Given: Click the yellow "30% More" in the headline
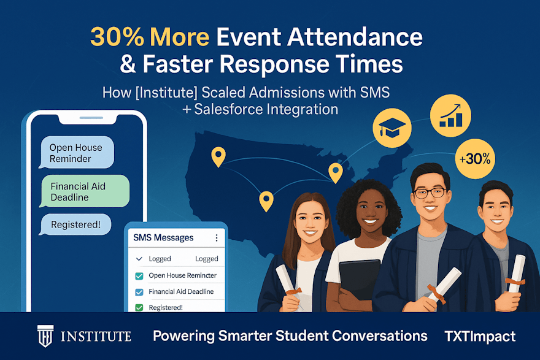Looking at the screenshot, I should [x=150, y=38].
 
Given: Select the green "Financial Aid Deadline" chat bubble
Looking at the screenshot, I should [x=85, y=191].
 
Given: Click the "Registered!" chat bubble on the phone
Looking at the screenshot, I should [x=75, y=224].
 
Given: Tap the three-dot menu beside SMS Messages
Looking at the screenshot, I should [x=216, y=238].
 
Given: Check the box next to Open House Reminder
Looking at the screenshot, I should [x=139, y=275].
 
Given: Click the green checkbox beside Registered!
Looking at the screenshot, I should [x=139, y=307].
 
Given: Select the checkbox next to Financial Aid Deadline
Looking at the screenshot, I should [x=139, y=291].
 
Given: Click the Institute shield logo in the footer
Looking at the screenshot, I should [x=46, y=336].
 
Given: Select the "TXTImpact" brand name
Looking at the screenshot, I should [x=480, y=336].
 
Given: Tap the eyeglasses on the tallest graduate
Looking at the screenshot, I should [x=430, y=193].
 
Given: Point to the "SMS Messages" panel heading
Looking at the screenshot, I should [x=163, y=237].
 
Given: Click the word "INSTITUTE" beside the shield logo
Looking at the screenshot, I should [x=96, y=336].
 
